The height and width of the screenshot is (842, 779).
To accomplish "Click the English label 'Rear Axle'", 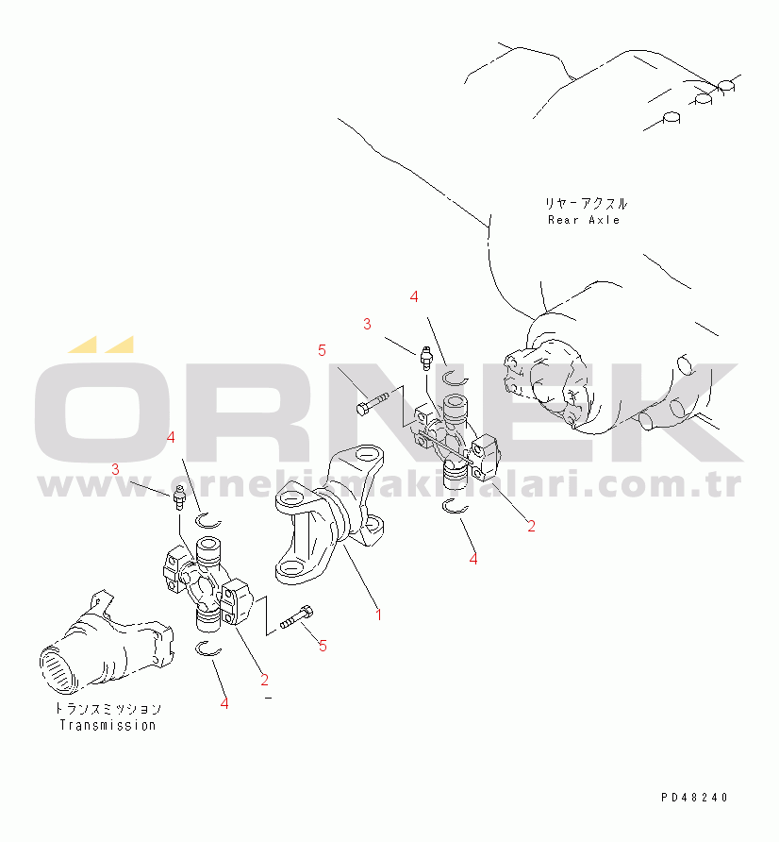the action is click(584, 220).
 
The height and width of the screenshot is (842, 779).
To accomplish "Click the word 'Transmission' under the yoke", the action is click(108, 726).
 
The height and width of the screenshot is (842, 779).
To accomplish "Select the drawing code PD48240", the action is click(694, 798).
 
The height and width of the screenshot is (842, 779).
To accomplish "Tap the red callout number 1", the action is click(379, 615).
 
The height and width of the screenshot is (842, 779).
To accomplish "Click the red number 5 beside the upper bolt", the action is click(322, 350).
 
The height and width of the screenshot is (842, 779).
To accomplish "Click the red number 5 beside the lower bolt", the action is click(323, 646).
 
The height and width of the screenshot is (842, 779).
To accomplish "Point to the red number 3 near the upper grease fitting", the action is click(367, 325).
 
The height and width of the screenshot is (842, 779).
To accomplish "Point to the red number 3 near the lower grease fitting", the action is click(115, 470).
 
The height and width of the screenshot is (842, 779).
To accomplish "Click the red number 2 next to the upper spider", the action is click(531, 527).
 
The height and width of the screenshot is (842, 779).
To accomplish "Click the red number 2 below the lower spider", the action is click(264, 681).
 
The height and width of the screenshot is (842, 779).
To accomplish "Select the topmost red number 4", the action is click(414, 297).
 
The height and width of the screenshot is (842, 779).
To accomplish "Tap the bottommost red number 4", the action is click(224, 703).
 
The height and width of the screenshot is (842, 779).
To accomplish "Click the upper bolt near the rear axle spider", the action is click(373, 403).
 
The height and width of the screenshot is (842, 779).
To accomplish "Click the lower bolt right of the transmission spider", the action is click(297, 617).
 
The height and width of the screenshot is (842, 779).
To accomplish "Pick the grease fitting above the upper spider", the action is click(426, 358).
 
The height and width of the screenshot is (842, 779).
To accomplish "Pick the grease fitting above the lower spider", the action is click(180, 497).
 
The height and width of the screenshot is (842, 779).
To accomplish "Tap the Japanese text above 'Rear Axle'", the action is click(586, 204).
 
